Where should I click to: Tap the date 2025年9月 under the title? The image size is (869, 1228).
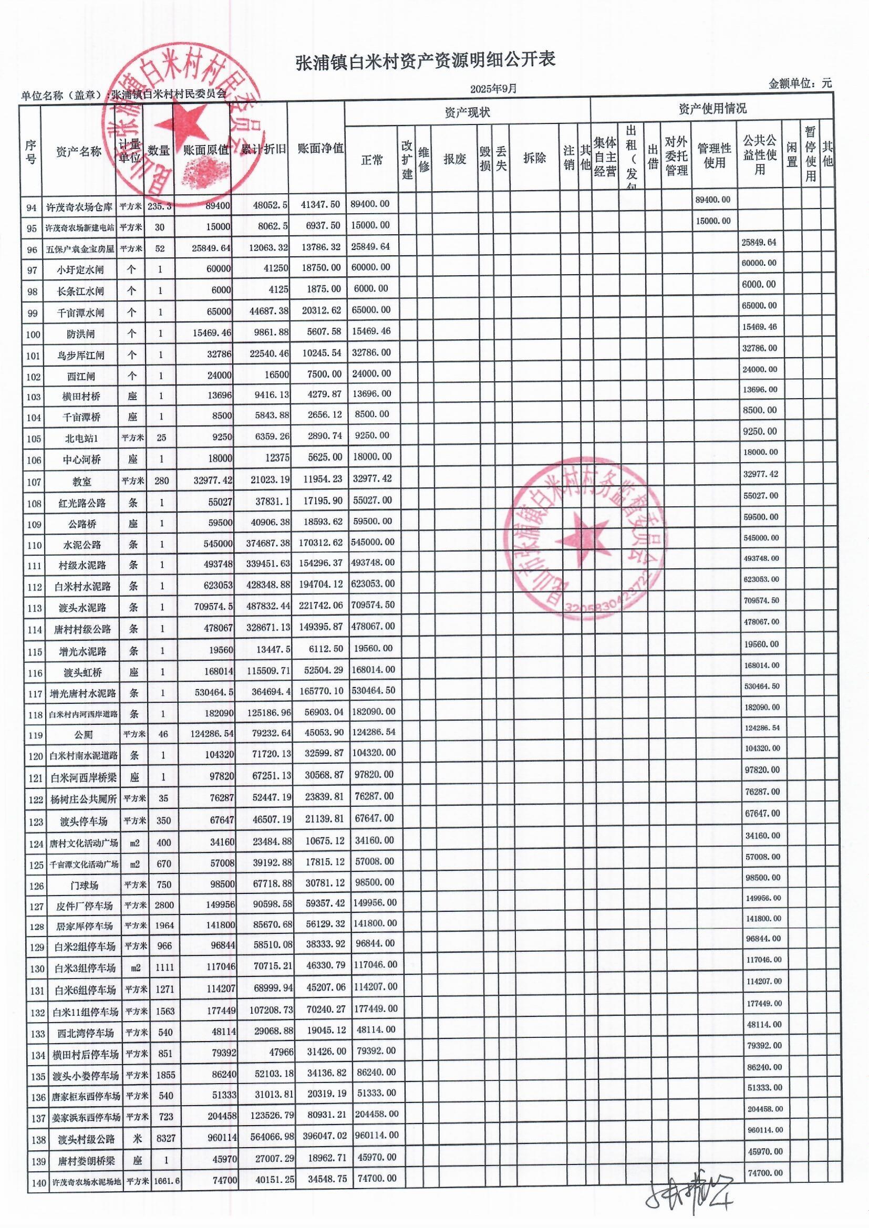[493, 89]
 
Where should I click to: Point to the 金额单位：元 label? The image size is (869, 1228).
[800, 84]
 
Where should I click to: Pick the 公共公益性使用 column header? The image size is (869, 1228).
[759, 155]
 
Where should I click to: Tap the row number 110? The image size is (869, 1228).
[34, 546]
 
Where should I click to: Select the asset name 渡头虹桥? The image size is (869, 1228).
[81, 672]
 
